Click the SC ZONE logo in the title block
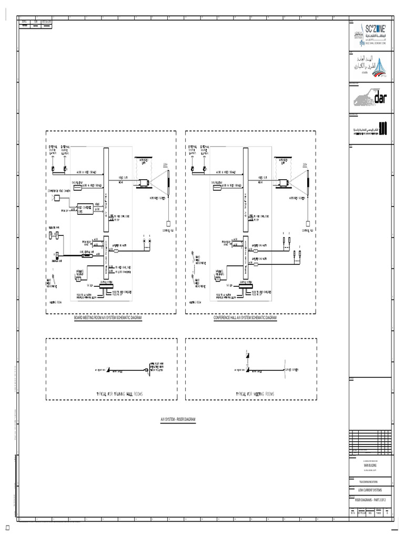point(370,35)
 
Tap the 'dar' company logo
point(370,97)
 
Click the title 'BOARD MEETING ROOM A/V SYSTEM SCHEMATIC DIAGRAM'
point(108,318)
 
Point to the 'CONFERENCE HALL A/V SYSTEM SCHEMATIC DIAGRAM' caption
point(245,318)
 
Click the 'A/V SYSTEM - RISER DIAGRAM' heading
point(178,420)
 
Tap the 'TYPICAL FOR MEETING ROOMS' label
point(255,394)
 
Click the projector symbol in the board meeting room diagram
point(144,183)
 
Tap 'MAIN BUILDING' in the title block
point(370,465)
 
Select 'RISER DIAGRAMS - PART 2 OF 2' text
point(370,500)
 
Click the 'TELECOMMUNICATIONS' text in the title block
point(370,481)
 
